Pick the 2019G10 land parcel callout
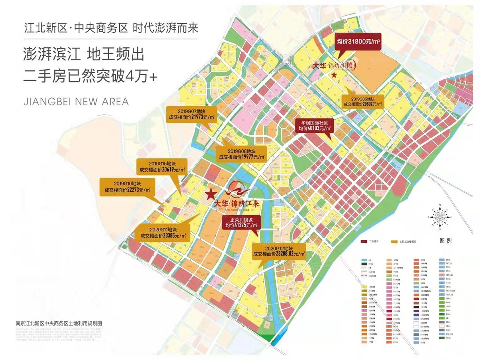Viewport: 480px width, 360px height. click(x=127, y=187)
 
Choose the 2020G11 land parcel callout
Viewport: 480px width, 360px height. click(x=163, y=233)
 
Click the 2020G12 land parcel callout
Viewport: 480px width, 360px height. click(x=279, y=251)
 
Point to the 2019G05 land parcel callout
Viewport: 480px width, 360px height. click(x=363, y=102)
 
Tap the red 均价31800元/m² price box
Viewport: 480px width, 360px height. click(x=358, y=41)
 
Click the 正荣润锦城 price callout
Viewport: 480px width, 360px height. click(x=241, y=223)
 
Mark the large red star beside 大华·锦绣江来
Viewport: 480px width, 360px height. click(x=211, y=194)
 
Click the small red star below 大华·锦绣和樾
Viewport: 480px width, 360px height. click(x=334, y=75)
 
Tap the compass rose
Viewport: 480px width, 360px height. click(x=440, y=217)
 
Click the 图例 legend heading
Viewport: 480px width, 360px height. click(x=445, y=240)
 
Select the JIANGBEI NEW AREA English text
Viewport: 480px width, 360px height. click(x=76, y=102)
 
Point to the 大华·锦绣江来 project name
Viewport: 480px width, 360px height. click(x=237, y=204)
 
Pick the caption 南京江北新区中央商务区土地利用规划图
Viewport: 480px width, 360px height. click(x=59, y=323)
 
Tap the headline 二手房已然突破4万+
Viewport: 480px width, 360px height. click(x=90, y=76)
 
